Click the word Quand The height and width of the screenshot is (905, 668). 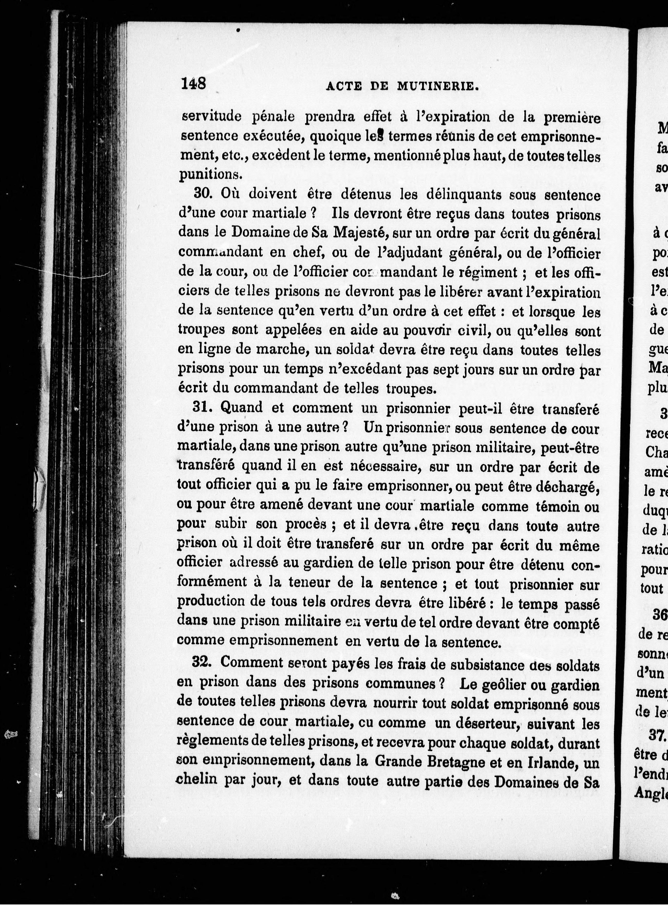(x=241, y=407)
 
